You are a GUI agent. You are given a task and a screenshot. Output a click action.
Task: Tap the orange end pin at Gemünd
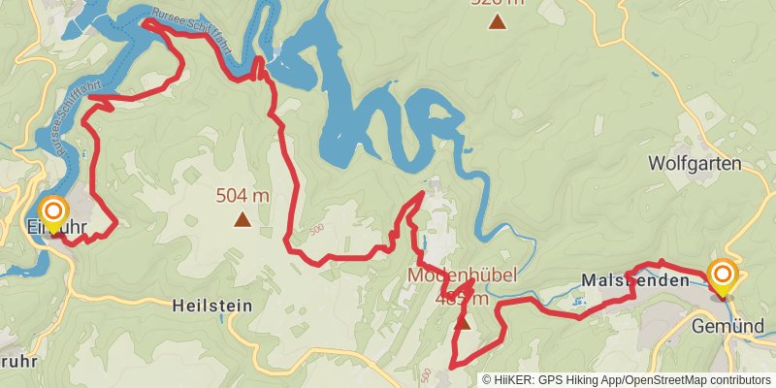[722, 275]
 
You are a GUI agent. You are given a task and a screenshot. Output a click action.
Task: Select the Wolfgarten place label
[695, 163]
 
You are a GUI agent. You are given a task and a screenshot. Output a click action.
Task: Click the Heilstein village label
[211, 305]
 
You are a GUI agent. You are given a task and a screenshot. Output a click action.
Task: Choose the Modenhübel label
[462, 275]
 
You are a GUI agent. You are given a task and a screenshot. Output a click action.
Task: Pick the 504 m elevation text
[242, 196]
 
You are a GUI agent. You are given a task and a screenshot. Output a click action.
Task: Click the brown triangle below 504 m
[242, 220]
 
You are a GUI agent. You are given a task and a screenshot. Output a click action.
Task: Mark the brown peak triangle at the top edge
[497, 21]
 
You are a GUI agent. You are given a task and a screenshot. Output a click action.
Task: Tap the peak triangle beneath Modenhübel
[464, 322]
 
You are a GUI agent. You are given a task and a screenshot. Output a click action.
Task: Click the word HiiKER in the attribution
[515, 379]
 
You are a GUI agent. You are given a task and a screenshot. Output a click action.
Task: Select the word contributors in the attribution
[738, 379]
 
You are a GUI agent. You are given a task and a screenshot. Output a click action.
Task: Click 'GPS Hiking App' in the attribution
[578, 379]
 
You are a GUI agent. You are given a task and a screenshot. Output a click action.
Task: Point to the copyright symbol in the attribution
[487, 379]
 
